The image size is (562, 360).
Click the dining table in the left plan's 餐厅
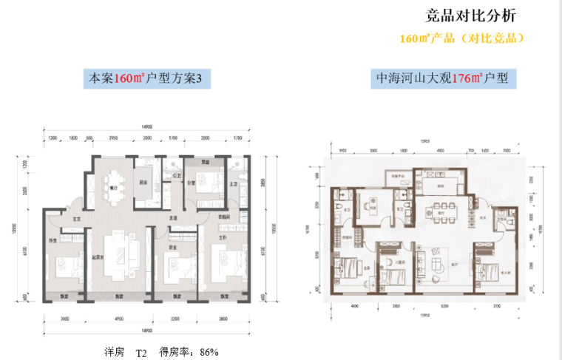[x=114, y=180]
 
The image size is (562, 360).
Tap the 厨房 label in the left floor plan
[x=146, y=183]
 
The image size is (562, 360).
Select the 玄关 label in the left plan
[x=75, y=220]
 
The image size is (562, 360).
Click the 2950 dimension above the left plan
[x=114, y=138]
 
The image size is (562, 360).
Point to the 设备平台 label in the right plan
[x=394, y=175]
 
